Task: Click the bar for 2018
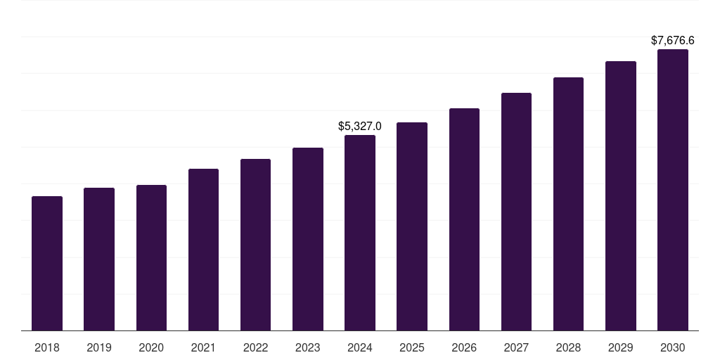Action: click(47, 264)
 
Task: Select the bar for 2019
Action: click(99, 259)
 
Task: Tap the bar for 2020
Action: click(151, 258)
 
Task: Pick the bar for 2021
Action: click(203, 250)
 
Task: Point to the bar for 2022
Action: click(255, 245)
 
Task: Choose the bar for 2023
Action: click(308, 239)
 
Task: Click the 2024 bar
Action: click(360, 233)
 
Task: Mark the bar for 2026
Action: click(464, 219)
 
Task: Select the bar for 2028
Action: click(568, 204)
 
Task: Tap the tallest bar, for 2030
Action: click(673, 190)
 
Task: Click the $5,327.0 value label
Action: click(360, 127)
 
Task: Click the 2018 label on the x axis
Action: click(47, 348)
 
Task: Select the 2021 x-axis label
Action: click(203, 348)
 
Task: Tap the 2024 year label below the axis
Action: click(360, 348)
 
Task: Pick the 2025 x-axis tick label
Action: click(412, 348)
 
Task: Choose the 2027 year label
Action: click(516, 348)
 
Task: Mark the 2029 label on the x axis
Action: click(621, 348)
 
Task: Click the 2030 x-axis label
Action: click(673, 348)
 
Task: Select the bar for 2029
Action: click(621, 196)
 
